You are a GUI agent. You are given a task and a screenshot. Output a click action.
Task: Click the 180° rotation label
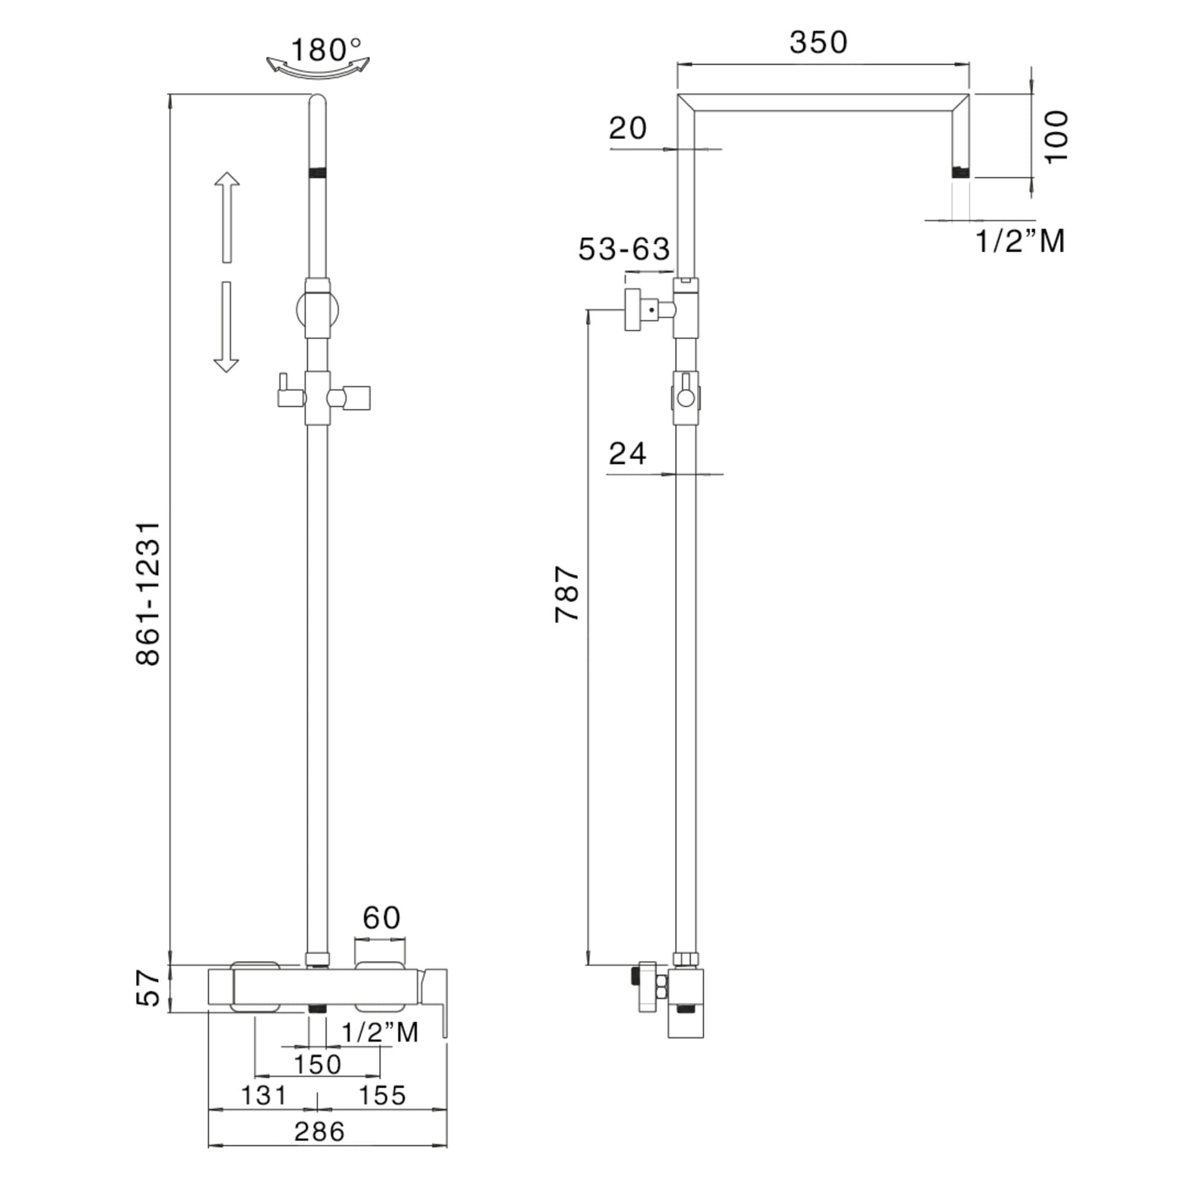click(326, 50)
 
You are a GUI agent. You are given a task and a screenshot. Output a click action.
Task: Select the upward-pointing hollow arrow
click(227, 217)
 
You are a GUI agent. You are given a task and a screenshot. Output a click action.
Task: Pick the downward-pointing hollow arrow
click(226, 327)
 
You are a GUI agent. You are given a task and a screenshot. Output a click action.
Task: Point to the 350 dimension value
click(819, 42)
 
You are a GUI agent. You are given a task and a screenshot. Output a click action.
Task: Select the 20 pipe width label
click(628, 128)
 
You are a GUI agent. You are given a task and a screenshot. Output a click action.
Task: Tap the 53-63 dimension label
click(624, 249)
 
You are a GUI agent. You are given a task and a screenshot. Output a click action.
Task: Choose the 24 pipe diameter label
click(627, 454)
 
